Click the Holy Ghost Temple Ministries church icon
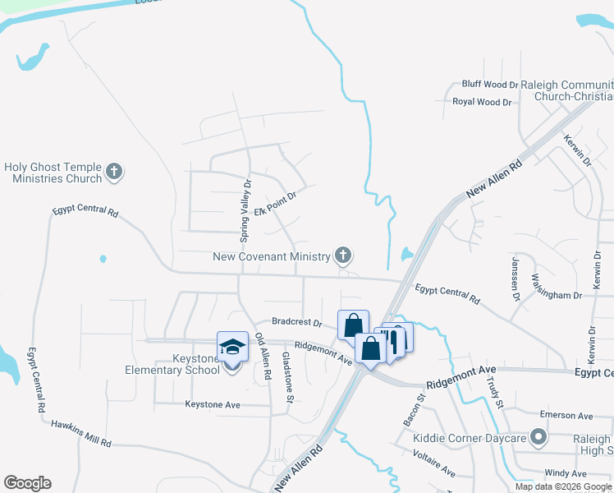[114, 173]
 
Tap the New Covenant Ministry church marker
[343, 256]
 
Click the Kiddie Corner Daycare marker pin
[538, 437]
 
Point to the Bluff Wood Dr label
[490, 84]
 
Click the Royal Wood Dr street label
[482, 102]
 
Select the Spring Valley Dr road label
[245, 211]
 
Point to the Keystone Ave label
[212, 404]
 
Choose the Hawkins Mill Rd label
[81, 433]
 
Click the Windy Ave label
[566, 473]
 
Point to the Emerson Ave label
[565, 416]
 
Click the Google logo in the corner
[27, 483]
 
